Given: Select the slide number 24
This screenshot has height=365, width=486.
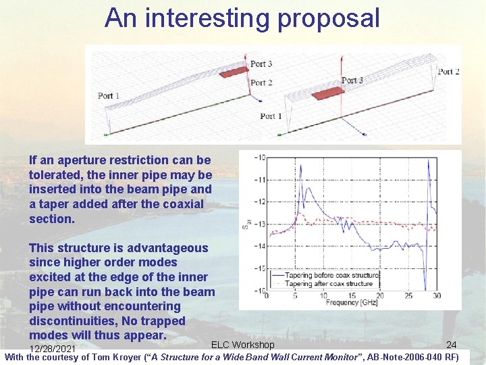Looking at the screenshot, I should click(x=451, y=345).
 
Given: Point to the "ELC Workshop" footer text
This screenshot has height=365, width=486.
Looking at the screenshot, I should click(x=243, y=345).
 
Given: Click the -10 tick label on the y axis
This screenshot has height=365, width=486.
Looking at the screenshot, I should click(x=259, y=157).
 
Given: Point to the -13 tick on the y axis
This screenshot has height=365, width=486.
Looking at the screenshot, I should click(x=259, y=224).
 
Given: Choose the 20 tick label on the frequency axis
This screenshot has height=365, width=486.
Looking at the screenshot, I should click(x=380, y=296).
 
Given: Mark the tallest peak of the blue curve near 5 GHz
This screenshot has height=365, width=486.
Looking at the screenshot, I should click(x=306, y=169).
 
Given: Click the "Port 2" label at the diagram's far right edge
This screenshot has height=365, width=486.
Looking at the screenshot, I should click(x=448, y=72).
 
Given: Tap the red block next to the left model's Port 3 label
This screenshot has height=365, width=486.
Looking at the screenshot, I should click(x=234, y=72).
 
